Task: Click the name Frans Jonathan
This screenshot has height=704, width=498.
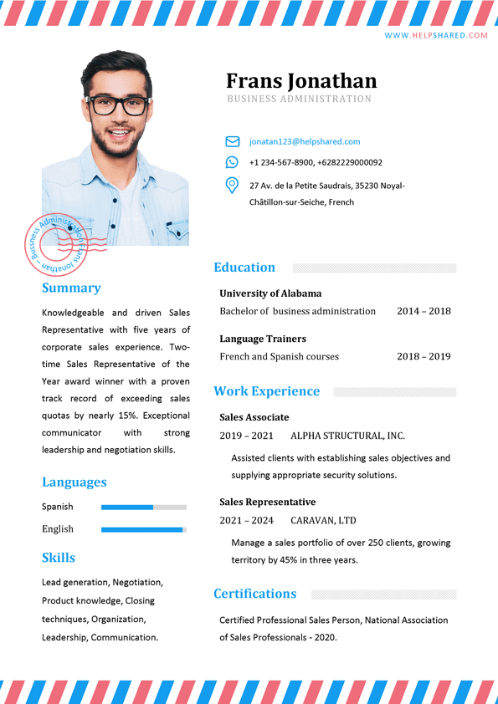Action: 301,80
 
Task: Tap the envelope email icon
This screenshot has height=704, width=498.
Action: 232,141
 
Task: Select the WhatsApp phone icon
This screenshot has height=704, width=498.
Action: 232,162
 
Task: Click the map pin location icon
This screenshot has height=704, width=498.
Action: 232,186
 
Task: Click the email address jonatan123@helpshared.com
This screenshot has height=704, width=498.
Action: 305,141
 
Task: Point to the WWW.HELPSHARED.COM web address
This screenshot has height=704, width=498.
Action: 435,35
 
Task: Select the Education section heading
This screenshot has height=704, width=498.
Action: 244,268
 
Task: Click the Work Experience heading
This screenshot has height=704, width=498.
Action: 266,391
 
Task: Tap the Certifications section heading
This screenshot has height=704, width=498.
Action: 254,594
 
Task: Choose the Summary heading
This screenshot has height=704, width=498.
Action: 71,288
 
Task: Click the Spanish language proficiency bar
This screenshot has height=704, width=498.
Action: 143,507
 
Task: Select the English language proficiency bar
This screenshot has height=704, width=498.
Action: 143,529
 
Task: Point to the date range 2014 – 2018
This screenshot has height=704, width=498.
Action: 424,311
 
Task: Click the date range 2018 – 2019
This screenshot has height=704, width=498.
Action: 424,356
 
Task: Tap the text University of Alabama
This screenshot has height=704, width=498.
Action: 270,293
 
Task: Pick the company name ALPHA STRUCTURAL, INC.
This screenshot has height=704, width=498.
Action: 347,436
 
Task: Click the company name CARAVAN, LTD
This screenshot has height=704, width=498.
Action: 323,520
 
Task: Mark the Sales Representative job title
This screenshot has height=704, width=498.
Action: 268,502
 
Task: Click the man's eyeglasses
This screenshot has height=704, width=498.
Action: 121,105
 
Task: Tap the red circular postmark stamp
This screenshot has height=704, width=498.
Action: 55,245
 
